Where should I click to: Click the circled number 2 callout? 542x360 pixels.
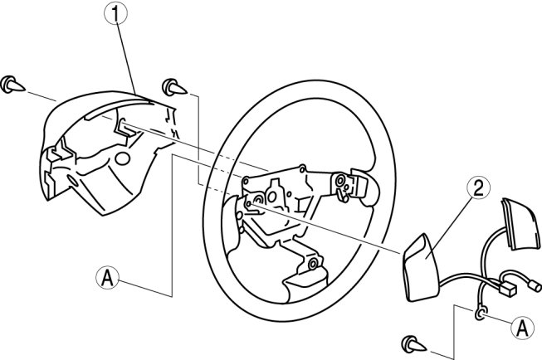point(478,188)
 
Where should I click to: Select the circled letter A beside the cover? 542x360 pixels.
point(108,277)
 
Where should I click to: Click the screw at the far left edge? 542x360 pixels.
point(12,85)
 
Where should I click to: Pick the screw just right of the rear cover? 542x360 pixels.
point(174,87)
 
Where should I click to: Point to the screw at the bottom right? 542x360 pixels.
point(414,344)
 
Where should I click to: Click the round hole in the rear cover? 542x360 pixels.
point(122,158)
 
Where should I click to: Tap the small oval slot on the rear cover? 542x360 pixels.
point(72,180)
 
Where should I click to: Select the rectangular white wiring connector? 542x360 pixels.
point(507,288)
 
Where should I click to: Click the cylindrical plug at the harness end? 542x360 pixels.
point(534,285)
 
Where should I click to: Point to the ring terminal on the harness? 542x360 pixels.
point(481,314)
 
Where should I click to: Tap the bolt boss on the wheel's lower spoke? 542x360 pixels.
point(313,264)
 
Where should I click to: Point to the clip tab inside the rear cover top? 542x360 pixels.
point(125,128)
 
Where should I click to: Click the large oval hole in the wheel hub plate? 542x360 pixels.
point(271,197)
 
